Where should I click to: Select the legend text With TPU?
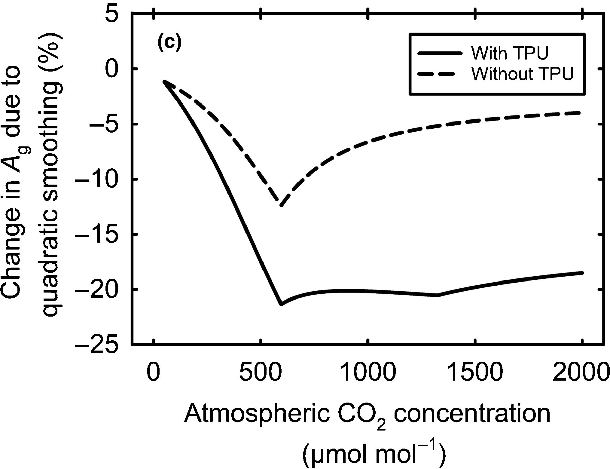[510, 54]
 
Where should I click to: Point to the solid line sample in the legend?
[439, 53]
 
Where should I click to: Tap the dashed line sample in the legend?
[439, 74]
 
